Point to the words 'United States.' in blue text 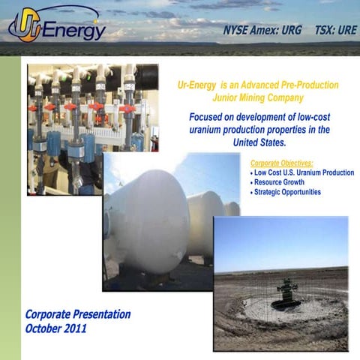(x=259, y=142)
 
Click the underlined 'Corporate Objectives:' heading (x=280, y=163)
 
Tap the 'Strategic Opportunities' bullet (x=287, y=192)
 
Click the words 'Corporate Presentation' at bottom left (x=78, y=314)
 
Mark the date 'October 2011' (x=56, y=328)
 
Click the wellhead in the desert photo (x=285, y=292)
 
